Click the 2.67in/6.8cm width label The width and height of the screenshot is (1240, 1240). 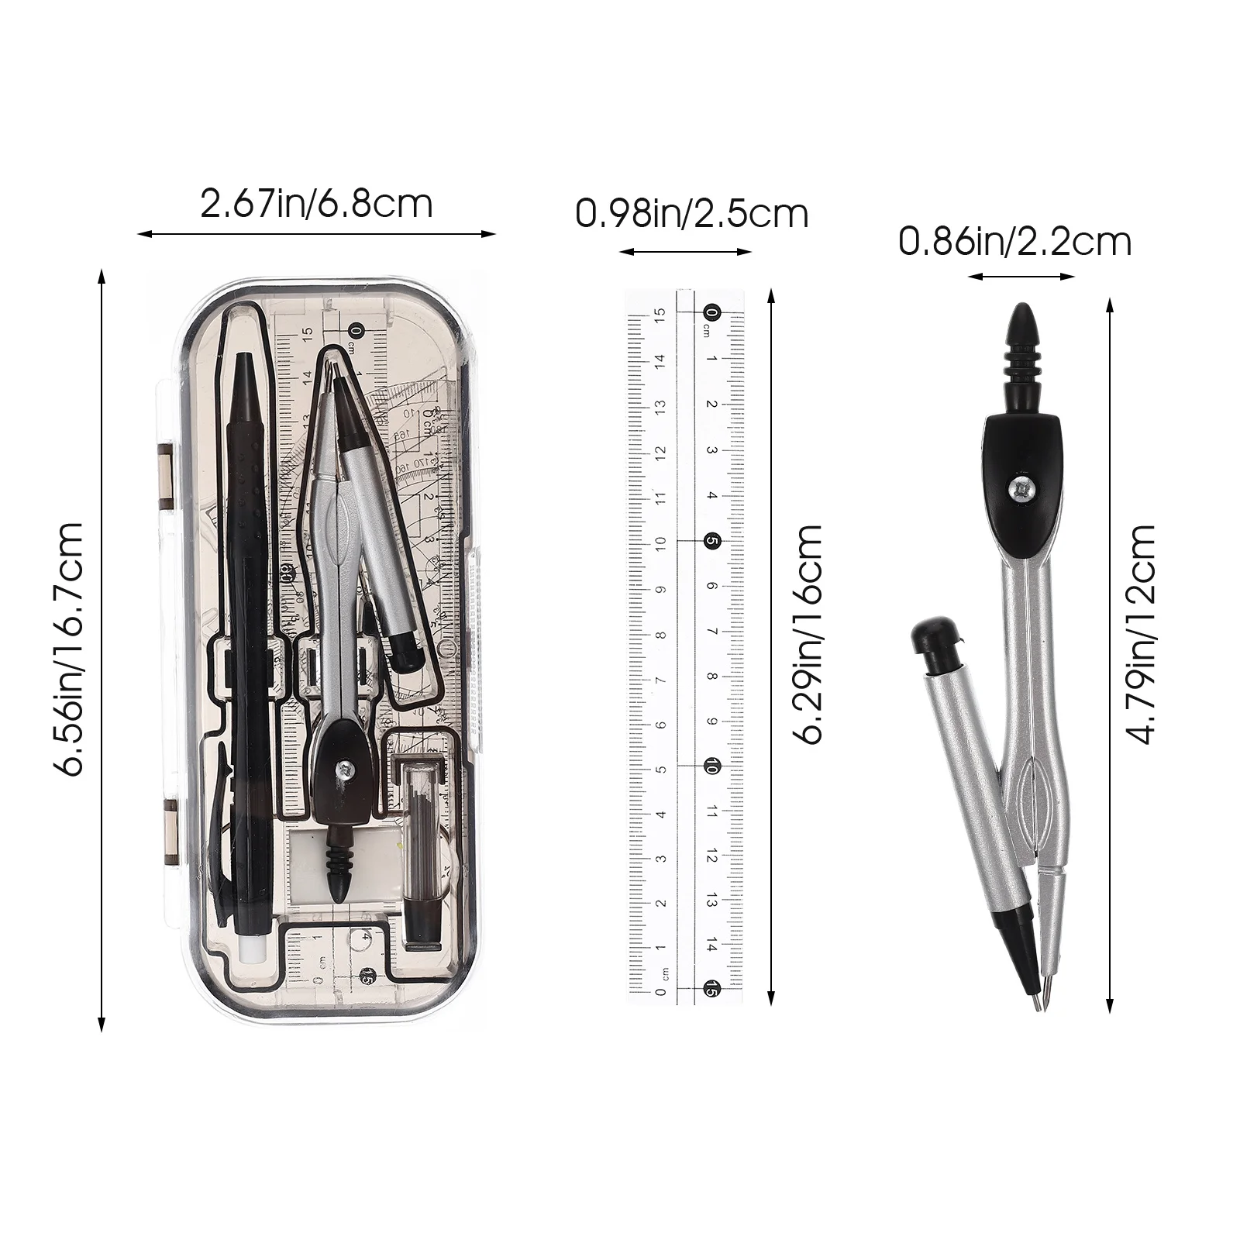click(x=316, y=205)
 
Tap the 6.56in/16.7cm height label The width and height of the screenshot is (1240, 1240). click(x=68, y=649)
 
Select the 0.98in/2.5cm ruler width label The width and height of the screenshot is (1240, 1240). click(x=691, y=213)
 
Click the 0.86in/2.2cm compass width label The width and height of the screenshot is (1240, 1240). click(x=1014, y=242)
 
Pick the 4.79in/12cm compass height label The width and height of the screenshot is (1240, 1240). click(x=1143, y=634)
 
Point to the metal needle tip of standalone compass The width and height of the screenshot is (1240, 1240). click(x=1047, y=1003)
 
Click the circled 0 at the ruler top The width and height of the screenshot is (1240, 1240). click(x=711, y=313)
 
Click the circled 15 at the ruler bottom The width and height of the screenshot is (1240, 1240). click(x=711, y=988)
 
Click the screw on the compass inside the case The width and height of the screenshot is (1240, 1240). click(x=343, y=768)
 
